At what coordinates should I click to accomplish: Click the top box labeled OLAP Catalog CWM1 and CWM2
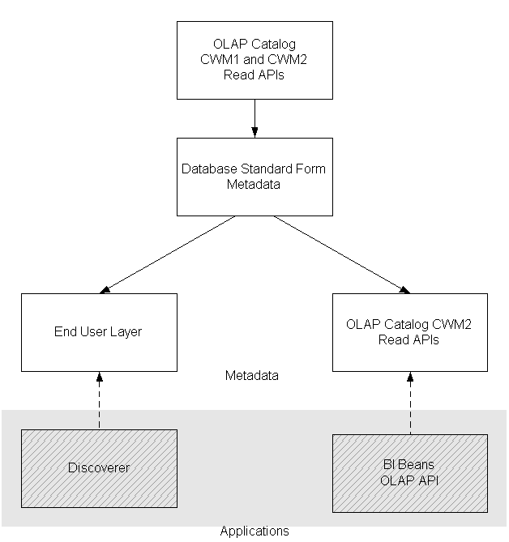[x=254, y=60]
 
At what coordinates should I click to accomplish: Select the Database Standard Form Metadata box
[x=254, y=177]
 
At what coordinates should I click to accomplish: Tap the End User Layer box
[x=98, y=331]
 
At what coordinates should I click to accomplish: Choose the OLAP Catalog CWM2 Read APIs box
[x=409, y=331]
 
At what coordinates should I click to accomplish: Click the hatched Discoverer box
[x=98, y=468]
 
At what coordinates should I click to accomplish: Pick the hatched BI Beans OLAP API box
[x=409, y=473]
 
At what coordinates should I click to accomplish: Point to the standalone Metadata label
[x=251, y=376]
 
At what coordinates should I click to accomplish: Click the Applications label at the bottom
[x=254, y=531]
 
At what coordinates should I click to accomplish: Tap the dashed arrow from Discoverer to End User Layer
[x=98, y=401]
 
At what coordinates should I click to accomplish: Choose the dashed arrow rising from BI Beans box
[x=409, y=403]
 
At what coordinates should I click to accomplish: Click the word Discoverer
[x=98, y=468]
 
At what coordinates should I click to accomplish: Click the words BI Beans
[x=409, y=466]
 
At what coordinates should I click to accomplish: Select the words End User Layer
[x=98, y=331]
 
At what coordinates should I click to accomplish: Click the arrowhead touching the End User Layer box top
[x=102, y=290]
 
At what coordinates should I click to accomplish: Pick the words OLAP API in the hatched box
[x=409, y=480]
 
